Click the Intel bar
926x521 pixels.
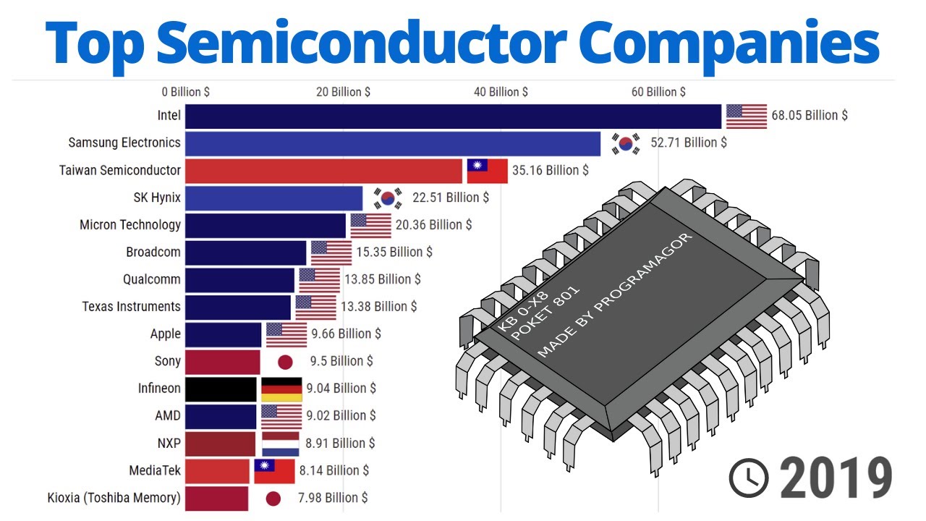click(x=453, y=117)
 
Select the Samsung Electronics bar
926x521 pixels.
click(x=392, y=143)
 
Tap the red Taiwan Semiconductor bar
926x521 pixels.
click(x=323, y=171)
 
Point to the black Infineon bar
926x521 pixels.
click(x=221, y=389)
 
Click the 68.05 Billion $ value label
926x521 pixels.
click(x=810, y=115)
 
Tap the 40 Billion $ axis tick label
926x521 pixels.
click(x=501, y=92)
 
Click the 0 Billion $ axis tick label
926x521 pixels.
click(x=186, y=92)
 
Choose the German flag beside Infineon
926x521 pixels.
click(x=281, y=389)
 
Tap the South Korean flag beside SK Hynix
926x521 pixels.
click(x=388, y=198)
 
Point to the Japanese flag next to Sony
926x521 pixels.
click(x=285, y=361)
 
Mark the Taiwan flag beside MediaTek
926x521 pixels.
click(x=274, y=471)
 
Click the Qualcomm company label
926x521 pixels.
click(x=152, y=279)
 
